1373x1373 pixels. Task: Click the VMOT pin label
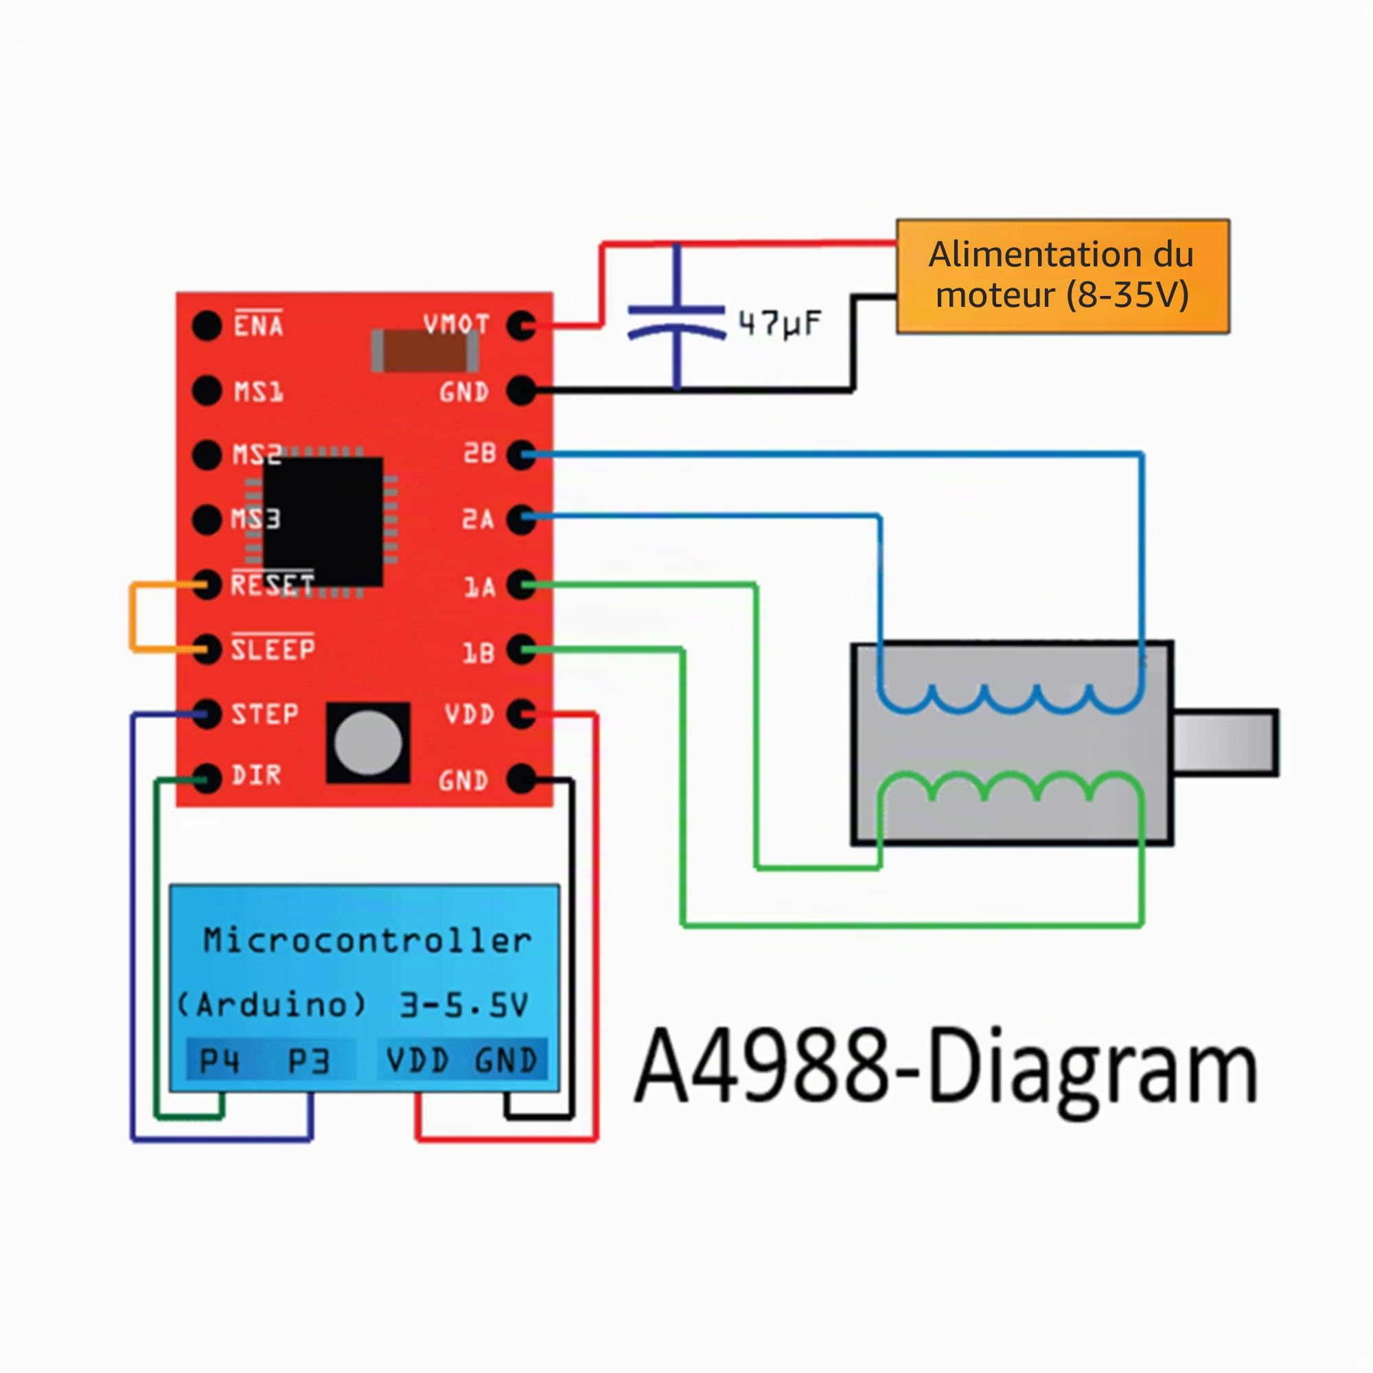[x=457, y=325]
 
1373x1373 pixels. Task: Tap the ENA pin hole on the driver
[x=207, y=325]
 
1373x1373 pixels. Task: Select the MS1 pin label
[x=259, y=391]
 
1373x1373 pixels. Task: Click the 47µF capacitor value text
[x=780, y=324]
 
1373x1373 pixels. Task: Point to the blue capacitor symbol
[x=677, y=318]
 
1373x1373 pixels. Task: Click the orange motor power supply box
[x=1063, y=276]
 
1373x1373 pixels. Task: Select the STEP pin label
[x=264, y=713]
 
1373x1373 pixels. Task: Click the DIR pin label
[x=256, y=775]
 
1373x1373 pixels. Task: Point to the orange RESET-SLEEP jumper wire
[x=132, y=617]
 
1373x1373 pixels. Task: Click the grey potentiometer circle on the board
[x=368, y=743]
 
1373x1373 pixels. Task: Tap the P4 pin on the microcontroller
[x=220, y=1061]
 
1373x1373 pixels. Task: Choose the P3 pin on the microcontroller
[x=308, y=1061]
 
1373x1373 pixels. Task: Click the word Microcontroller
[x=367, y=941]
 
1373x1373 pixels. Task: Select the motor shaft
[x=1227, y=743]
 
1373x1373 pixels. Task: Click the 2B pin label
[x=480, y=452]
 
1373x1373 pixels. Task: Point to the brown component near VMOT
[x=425, y=350]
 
